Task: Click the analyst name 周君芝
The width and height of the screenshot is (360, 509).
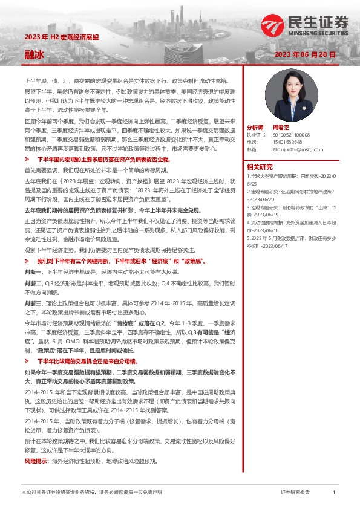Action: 278,129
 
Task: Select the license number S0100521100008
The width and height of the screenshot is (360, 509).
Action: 291,135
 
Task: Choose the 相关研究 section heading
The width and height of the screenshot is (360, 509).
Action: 260,166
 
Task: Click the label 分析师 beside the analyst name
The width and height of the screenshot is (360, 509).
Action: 255,129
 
